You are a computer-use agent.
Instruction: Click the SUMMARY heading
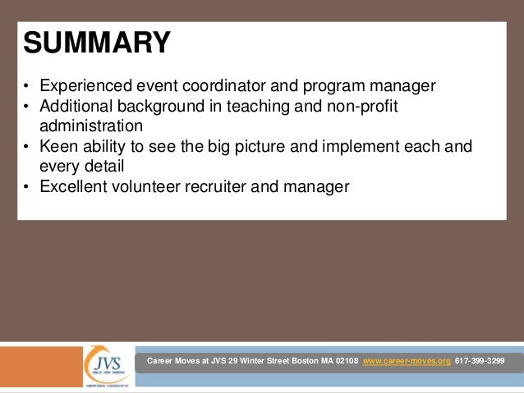97,43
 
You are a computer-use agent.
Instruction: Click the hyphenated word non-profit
375,107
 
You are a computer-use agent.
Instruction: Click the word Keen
59,147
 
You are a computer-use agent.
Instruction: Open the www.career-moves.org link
407,362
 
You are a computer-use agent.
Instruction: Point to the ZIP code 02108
344,362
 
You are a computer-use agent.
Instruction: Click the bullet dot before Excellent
26,188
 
